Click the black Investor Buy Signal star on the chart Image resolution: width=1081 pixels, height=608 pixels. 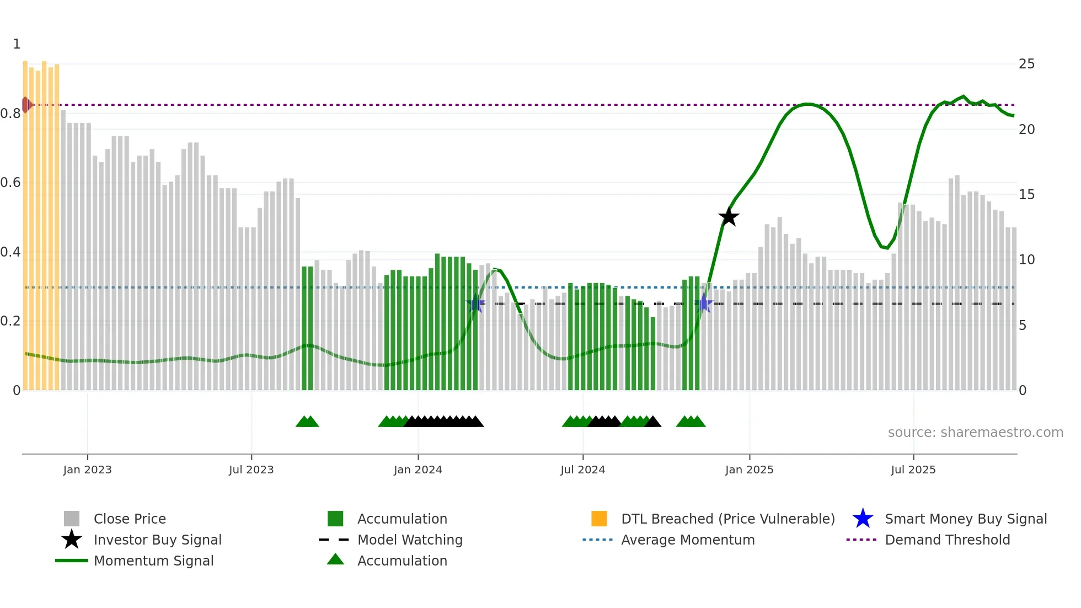point(729,217)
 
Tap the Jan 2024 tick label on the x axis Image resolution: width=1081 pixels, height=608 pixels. point(418,470)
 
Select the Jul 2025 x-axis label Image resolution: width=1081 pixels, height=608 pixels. point(913,470)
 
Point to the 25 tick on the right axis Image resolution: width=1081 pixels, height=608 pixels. point(1026,64)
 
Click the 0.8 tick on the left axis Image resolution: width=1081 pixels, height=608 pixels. point(10,114)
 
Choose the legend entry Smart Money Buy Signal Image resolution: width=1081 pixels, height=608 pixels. point(965,519)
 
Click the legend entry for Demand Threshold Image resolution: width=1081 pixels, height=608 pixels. point(947,540)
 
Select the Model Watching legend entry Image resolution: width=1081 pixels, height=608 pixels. point(409,540)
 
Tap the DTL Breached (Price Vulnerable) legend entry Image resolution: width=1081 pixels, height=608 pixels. point(727,519)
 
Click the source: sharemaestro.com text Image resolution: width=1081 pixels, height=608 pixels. point(975,432)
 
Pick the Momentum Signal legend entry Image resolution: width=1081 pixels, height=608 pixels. point(153,561)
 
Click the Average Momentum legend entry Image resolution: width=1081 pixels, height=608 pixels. point(687,540)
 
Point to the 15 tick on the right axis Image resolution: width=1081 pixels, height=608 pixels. point(1026,195)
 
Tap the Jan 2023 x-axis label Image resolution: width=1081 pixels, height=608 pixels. point(87,470)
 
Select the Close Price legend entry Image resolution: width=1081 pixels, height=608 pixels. point(129,519)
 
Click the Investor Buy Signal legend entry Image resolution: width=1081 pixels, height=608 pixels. point(157,540)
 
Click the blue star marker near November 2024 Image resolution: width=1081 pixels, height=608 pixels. point(703,303)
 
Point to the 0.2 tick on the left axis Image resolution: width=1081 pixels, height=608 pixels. point(10,321)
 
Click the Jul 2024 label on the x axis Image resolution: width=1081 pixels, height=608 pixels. point(582,470)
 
